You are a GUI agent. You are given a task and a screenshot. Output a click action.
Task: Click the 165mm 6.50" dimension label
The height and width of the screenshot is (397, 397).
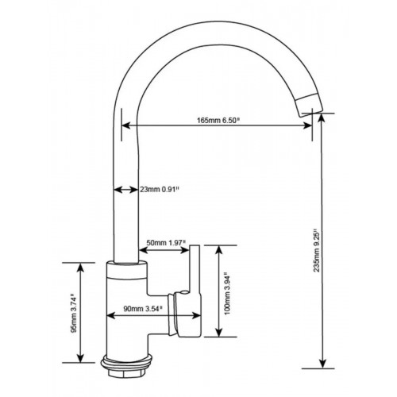pos(218,121)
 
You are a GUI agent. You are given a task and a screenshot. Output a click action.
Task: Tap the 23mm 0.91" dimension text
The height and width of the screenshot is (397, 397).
pos(160,189)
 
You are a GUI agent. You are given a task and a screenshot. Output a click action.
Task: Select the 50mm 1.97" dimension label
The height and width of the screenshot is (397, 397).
pos(166,243)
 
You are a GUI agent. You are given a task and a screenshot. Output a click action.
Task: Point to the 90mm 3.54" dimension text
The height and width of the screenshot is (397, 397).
pos(143,309)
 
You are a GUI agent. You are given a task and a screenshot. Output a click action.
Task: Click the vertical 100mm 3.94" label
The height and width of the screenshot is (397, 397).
pos(227,294)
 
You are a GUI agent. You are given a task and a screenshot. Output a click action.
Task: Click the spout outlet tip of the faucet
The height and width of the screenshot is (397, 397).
pos(310,106)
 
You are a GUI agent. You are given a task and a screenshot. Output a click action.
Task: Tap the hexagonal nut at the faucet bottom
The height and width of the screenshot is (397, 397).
pos(126,374)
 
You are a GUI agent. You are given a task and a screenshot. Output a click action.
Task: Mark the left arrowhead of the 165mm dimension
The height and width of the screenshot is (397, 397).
pos(125,125)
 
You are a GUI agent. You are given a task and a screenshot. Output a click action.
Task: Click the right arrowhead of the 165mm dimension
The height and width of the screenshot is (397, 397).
pos(308,125)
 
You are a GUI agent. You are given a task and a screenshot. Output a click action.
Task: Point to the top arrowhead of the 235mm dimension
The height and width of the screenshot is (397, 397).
pos(322,118)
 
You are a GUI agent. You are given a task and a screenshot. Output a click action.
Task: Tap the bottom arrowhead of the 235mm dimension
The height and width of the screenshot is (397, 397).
pos(322,364)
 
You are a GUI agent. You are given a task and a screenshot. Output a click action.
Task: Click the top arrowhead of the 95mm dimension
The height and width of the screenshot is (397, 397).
pos(80,268)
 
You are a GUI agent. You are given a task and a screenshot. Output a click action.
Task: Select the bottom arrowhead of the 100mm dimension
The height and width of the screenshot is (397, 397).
pos(218,333)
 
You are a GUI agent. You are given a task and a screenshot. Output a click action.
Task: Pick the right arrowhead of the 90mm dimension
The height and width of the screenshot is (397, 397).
pos(197,315)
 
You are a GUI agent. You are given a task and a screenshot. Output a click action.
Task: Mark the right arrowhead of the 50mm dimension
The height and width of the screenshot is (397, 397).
pos(185,249)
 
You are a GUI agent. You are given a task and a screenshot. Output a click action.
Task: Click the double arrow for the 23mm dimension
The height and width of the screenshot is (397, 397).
pos(125,190)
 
